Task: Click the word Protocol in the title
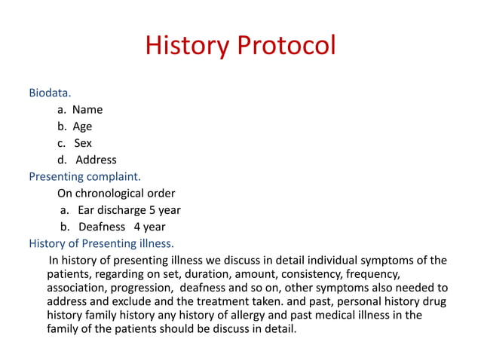coord(286,45)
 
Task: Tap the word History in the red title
coord(187,45)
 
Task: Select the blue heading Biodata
coord(50,93)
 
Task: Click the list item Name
coord(87,109)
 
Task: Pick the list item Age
coord(82,127)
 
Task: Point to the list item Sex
coord(83,143)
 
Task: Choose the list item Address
coord(96,160)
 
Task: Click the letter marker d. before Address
coord(62,160)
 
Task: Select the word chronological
coord(109,194)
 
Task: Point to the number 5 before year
coord(152,210)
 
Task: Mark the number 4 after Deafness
coord(137,227)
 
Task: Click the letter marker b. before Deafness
coord(65,227)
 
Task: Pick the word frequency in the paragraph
coord(373,274)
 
